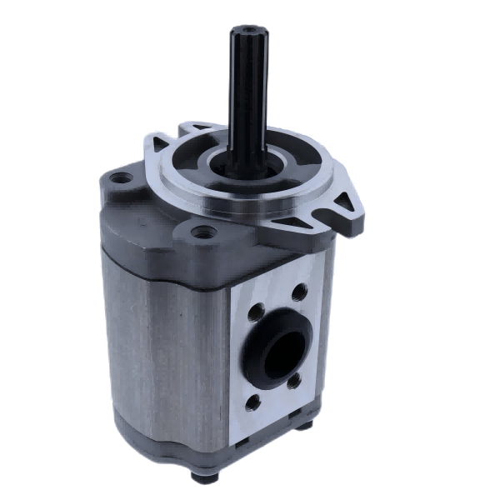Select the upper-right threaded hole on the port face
(300, 292)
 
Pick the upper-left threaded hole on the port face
(257, 314)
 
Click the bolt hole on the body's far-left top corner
(122, 177)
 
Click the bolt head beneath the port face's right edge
(304, 426)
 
